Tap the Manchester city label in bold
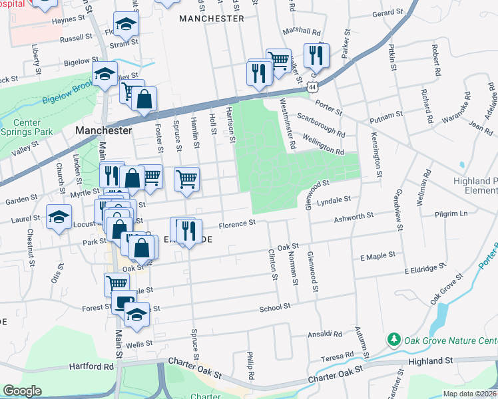click(x=103, y=130)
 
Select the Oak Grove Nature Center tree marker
click(x=394, y=340)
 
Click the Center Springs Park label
click(x=27, y=127)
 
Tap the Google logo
click(x=22, y=391)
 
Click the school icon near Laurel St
click(x=59, y=217)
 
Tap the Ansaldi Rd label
click(x=324, y=334)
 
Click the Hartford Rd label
click(x=92, y=366)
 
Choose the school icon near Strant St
click(x=124, y=25)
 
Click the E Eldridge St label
click(x=425, y=268)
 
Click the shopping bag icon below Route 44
click(x=144, y=100)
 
